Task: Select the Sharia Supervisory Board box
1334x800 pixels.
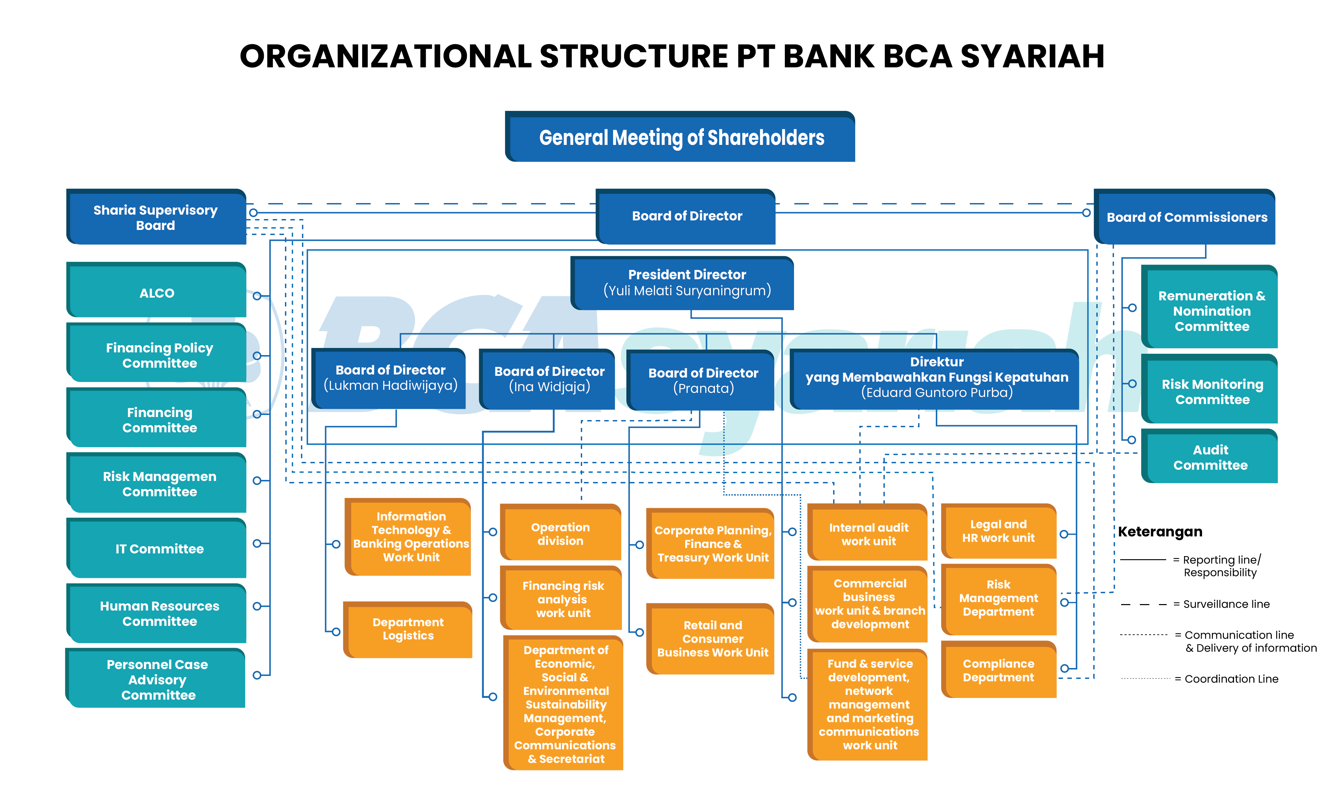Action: tap(156, 218)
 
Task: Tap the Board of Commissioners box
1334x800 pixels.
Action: tap(1186, 217)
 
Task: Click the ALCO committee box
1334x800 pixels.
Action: tap(157, 293)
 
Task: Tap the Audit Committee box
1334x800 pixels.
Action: tap(1210, 458)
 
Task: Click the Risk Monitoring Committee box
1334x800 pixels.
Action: tap(1212, 392)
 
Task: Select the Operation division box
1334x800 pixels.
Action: tap(560, 534)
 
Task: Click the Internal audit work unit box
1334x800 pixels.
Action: tap(868, 534)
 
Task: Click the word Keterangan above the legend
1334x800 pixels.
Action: tap(1160, 532)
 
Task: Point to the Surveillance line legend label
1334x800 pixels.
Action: tap(1226, 604)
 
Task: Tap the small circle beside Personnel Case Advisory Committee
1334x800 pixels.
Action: tap(257, 675)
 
